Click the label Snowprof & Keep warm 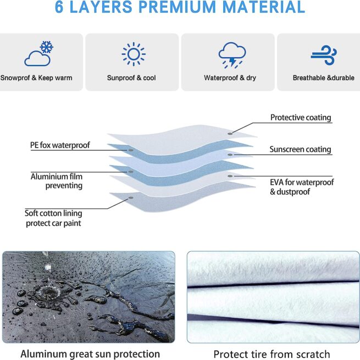(x=36, y=78)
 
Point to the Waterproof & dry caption (x=230, y=78)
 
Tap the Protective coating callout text (x=301, y=118)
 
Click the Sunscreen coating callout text (x=300, y=149)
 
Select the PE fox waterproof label (x=60, y=146)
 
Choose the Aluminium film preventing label (x=57, y=181)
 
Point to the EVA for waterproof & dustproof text (x=302, y=187)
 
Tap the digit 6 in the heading (x=61, y=8)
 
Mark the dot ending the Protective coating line (x=231, y=133)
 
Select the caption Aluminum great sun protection (x=90, y=353)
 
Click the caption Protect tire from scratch (x=272, y=353)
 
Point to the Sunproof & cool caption (x=131, y=78)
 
